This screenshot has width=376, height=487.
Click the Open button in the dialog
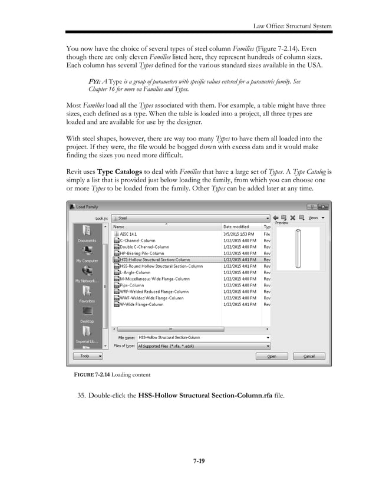coord(272,356)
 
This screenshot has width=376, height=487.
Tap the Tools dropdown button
coord(87,356)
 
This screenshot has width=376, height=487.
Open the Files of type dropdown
coord(203,346)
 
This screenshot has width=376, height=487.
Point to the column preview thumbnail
coord(299,248)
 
